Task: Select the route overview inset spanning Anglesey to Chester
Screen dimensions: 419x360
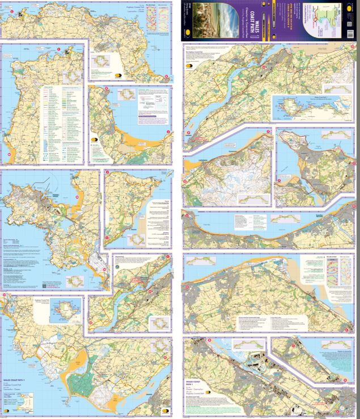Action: [x=307, y=105]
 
